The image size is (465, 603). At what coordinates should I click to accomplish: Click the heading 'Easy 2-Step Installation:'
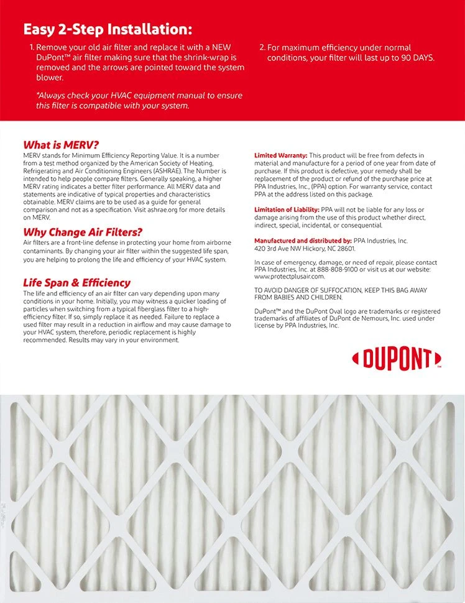[x=108, y=29]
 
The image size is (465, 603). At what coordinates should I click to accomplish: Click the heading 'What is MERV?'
[x=61, y=144]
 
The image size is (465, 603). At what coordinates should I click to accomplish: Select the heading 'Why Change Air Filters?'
[x=83, y=232]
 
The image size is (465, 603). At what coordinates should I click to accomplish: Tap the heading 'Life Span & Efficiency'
[x=76, y=283]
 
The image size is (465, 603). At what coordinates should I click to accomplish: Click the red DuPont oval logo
[x=396, y=359]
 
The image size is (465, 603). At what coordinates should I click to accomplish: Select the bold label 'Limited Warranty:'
[x=280, y=155]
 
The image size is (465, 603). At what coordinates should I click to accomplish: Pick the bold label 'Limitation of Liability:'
[x=287, y=209]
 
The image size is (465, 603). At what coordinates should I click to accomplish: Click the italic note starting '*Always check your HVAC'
[x=139, y=100]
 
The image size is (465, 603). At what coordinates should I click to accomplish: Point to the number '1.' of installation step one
[x=32, y=47]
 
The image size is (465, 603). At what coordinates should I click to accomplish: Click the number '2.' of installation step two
[x=262, y=47]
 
